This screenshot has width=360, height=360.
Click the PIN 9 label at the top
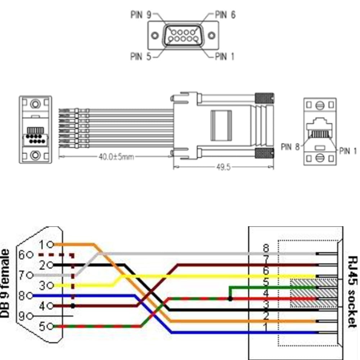pyautogui.click(x=141, y=15)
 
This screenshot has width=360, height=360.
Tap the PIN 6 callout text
pyautogui.click(x=225, y=15)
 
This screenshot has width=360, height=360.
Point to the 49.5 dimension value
pyautogui.click(x=223, y=168)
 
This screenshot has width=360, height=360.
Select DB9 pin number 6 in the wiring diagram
pyautogui.click(x=22, y=255)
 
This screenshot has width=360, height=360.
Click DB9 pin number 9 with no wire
pyautogui.click(x=22, y=316)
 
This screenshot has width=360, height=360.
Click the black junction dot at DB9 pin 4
pyautogui.click(x=73, y=306)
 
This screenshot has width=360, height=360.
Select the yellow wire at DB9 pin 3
pyautogui.click(x=83, y=286)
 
